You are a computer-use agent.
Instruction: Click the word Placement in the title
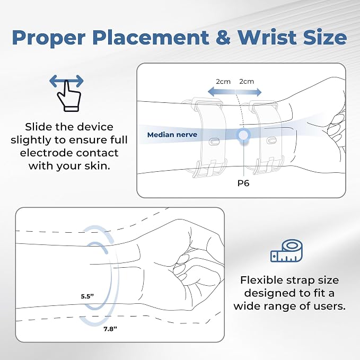click(x=151, y=38)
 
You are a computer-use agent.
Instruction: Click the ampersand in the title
click(x=223, y=38)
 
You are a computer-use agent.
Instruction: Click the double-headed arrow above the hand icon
click(x=66, y=81)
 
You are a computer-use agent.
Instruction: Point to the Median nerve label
click(x=172, y=135)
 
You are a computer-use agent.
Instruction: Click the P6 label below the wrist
click(x=243, y=183)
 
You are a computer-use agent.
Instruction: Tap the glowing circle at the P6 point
click(x=243, y=135)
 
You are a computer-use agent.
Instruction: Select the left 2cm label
click(x=223, y=82)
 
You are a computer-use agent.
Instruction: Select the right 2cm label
click(x=247, y=82)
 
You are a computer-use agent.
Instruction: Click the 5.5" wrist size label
click(x=87, y=296)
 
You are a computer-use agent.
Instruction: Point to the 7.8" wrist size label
click(x=110, y=329)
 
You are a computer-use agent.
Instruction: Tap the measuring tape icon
click(x=286, y=251)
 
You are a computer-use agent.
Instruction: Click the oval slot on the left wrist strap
click(x=214, y=142)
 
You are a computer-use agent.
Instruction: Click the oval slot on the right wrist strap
click(x=271, y=141)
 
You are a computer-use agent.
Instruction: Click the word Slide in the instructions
click(x=39, y=127)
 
